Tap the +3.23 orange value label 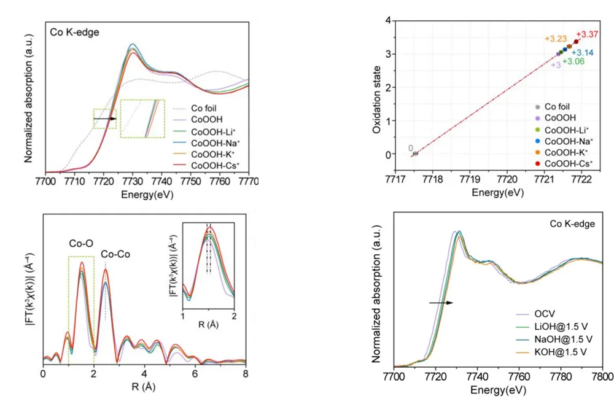[554, 39]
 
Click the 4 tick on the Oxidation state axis [387, 21]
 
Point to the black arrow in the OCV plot [440, 303]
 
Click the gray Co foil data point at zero [415, 153]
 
